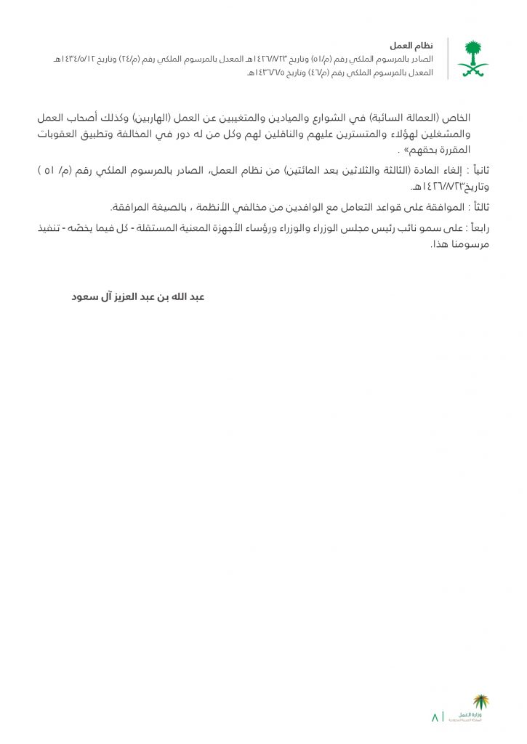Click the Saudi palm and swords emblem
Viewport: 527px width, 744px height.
tap(472, 59)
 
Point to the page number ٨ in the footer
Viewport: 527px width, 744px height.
tap(435, 717)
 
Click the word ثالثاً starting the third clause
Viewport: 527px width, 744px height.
tap(478, 208)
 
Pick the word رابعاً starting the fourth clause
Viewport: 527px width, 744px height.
tap(476, 228)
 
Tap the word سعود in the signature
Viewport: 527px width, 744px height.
tap(85, 296)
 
